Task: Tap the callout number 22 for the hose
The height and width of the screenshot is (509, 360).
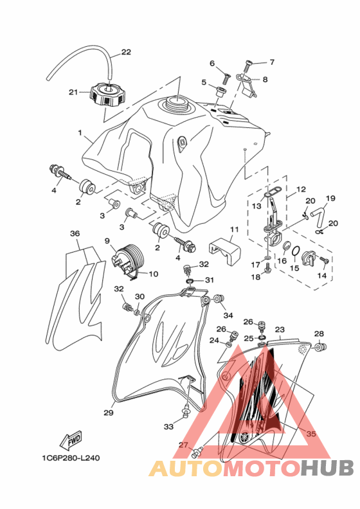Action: [126, 52]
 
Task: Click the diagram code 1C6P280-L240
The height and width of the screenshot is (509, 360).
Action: [71, 458]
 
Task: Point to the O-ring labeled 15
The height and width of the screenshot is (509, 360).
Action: [296, 251]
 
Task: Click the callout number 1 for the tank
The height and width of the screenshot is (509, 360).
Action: [80, 133]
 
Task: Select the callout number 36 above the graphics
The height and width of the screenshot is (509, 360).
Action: [75, 233]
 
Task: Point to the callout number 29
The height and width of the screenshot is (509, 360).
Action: [109, 413]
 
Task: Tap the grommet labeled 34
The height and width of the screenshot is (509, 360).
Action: [219, 299]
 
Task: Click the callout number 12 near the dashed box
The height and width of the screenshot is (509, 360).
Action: [301, 189]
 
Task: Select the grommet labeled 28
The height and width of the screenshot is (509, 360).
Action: [321, 347]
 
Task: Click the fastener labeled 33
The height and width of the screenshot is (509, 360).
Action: [186, 410]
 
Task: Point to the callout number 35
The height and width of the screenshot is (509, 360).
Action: [311, 434]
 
